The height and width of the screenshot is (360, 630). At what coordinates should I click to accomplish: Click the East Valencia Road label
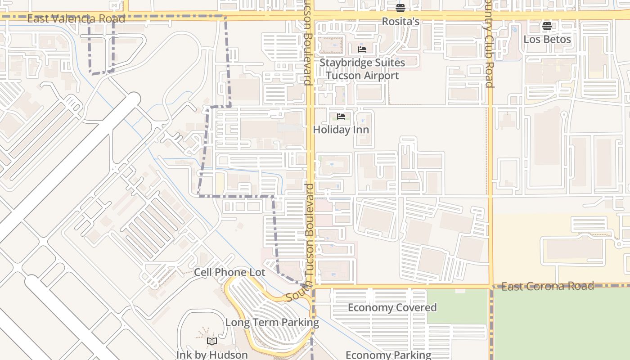[76, 19]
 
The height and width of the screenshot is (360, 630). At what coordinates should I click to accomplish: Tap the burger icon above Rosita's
[400, 8]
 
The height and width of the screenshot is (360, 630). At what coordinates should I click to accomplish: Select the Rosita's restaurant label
[400, 22]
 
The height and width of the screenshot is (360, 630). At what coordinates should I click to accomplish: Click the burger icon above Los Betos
[547, 26]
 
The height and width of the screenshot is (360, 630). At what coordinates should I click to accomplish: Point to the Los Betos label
[547, 39]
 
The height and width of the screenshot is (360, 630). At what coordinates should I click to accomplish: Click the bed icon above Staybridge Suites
[362, 49]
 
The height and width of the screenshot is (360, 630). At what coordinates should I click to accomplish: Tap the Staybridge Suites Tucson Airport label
[362, 69]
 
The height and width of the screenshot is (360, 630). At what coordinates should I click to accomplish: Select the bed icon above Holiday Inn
[341, 117]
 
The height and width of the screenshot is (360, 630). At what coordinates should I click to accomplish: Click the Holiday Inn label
[341, 130]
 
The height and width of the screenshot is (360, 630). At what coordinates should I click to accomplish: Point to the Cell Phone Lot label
[229, 272]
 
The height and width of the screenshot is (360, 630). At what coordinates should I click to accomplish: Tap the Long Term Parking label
[272, 322]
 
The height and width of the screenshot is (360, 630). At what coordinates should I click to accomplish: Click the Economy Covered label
[392, 307]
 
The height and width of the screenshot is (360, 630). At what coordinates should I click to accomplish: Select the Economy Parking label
[388, 355]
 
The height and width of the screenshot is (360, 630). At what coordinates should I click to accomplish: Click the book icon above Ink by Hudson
[211, 341]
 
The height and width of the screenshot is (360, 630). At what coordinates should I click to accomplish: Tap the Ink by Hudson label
[211, 355]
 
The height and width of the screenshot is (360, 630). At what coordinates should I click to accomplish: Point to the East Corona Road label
[547, 286]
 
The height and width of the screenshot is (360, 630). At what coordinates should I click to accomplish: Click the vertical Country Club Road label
[489, 49]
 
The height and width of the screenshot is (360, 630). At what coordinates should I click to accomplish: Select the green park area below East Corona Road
[558, 324]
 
